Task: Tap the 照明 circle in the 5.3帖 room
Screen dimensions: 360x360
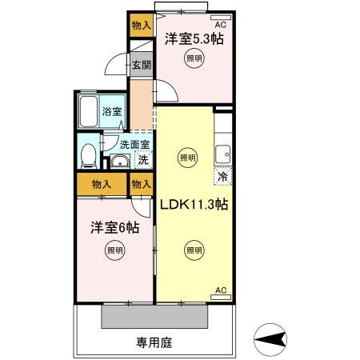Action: (x=194, y=58)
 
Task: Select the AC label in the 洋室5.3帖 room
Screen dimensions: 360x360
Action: (x=220, y=24)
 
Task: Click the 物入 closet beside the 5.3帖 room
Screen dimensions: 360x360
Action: (x=141, y=26)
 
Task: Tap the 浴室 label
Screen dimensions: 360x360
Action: (x=112, y=112)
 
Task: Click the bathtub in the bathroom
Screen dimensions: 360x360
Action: (x=89, y=113)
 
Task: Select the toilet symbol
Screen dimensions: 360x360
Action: (x=90, y=154)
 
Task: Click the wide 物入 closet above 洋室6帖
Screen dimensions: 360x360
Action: (x=102, y=184)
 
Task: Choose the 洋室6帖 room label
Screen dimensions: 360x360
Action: (x=114, y=228)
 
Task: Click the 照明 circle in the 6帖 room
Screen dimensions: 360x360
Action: (x=114, y=250)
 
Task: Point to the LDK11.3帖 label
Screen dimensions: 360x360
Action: (x=195, y=204)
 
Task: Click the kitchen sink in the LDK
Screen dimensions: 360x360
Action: (x=223, y=151)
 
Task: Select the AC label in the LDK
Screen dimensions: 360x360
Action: (x=221, y=290)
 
